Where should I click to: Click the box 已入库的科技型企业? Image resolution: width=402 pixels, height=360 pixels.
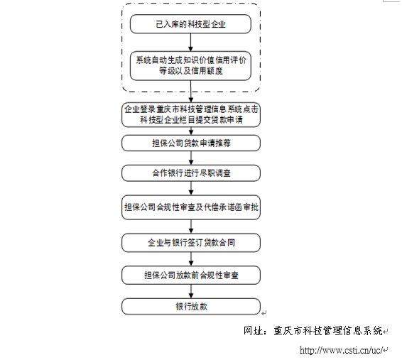tap(190, 24)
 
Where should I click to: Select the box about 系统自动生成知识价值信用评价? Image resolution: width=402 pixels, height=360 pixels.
tap(190, 66)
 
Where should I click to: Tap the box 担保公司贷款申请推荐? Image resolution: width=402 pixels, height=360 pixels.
tap(191, 143)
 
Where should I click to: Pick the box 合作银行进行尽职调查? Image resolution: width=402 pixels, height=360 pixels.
tap(191, 173)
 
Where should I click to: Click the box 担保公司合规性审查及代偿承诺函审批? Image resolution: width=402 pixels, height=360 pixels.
tap(191, 207)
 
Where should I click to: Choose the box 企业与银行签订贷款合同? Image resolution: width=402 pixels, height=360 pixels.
tap(191, 243)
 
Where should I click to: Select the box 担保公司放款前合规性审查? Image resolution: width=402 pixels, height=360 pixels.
tap(191, 276)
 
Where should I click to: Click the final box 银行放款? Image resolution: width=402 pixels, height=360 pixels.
tap(191, 307)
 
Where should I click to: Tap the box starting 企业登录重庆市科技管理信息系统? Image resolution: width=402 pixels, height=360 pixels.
tap(191, 115)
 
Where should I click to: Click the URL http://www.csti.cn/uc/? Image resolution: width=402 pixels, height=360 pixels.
tap(342, 350)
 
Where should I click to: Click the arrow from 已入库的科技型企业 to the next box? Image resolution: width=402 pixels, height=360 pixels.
tap(190, 43)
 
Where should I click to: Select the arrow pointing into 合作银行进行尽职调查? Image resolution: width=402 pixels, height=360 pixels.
tap(191, 158)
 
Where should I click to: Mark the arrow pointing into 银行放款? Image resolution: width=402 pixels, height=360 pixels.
tap(191, 291)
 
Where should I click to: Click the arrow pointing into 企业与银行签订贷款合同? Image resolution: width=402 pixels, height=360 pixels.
tap(191, 227)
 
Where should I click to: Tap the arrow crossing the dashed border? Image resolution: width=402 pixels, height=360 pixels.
tap(191, 92)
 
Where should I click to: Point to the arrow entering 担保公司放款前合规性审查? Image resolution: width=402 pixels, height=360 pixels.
tap(191, 259)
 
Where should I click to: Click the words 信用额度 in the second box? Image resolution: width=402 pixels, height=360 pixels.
tap(207, 71)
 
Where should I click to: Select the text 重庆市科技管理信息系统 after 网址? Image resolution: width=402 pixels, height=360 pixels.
tap(328, 331)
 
